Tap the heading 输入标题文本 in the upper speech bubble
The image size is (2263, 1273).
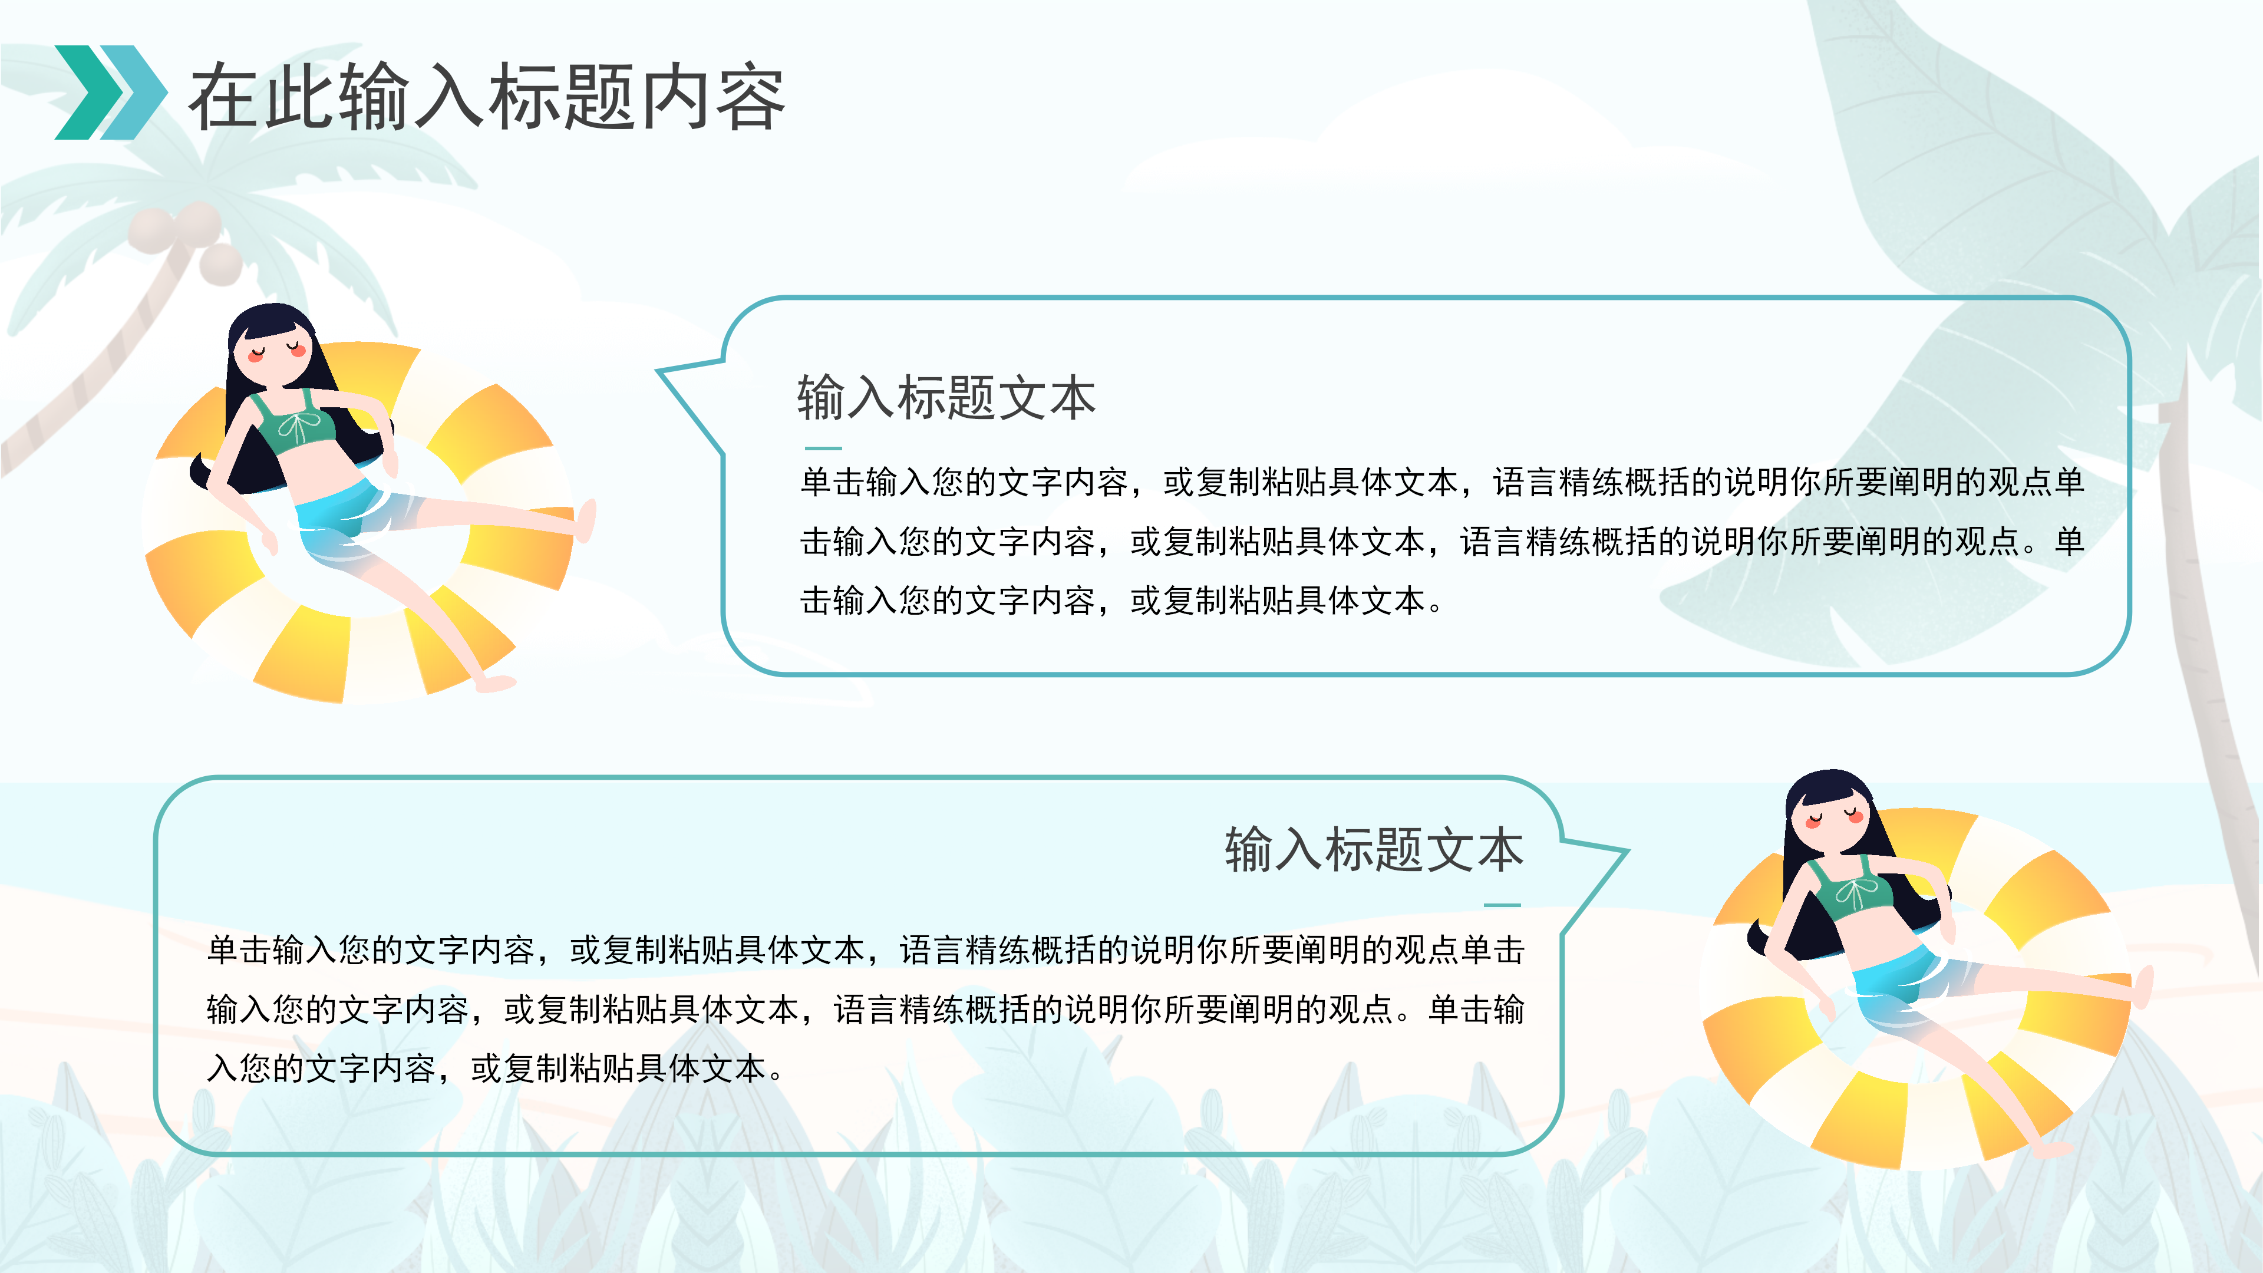tap(946, 397)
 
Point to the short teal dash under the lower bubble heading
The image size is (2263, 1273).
tap(1502, 905)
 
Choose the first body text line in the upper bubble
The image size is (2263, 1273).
tap(1441, 482)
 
